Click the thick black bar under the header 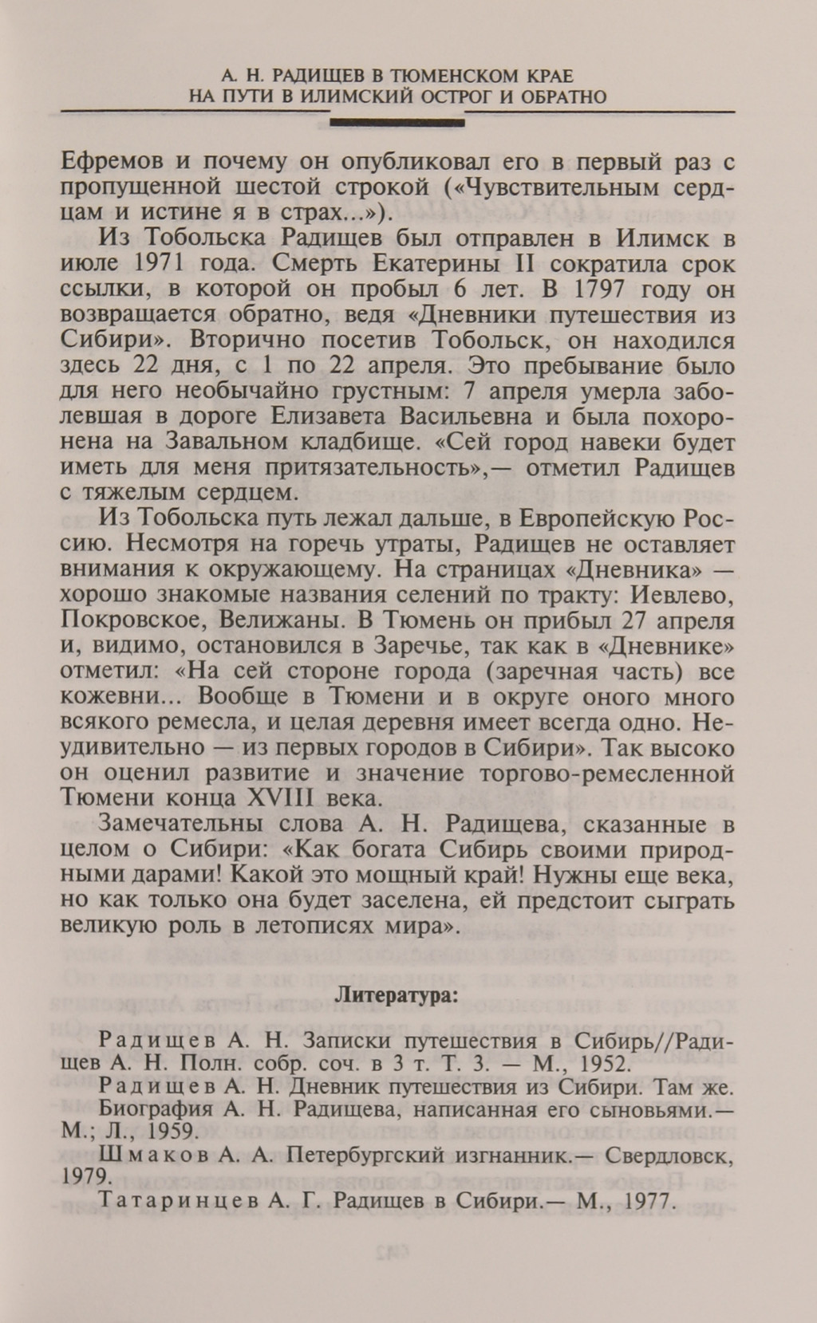(x=397, y=124)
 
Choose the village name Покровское (x=126, y=620)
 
